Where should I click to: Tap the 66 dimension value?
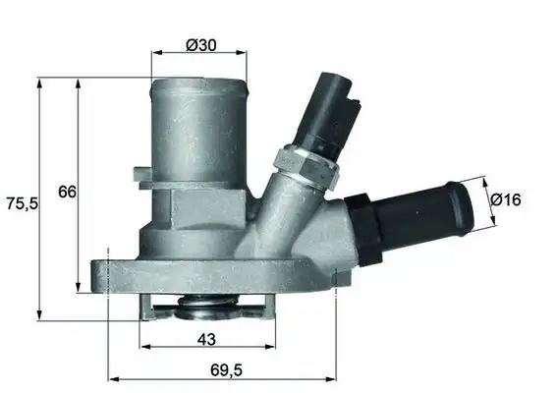pyautogui.click(x=67, y=192)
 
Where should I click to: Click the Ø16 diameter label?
pyautogui.click(x=505, y=199)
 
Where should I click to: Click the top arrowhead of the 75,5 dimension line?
pyautogui.click(x=39, y=83)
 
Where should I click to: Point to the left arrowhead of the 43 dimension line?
pyautogui.click(x=144, y=349)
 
